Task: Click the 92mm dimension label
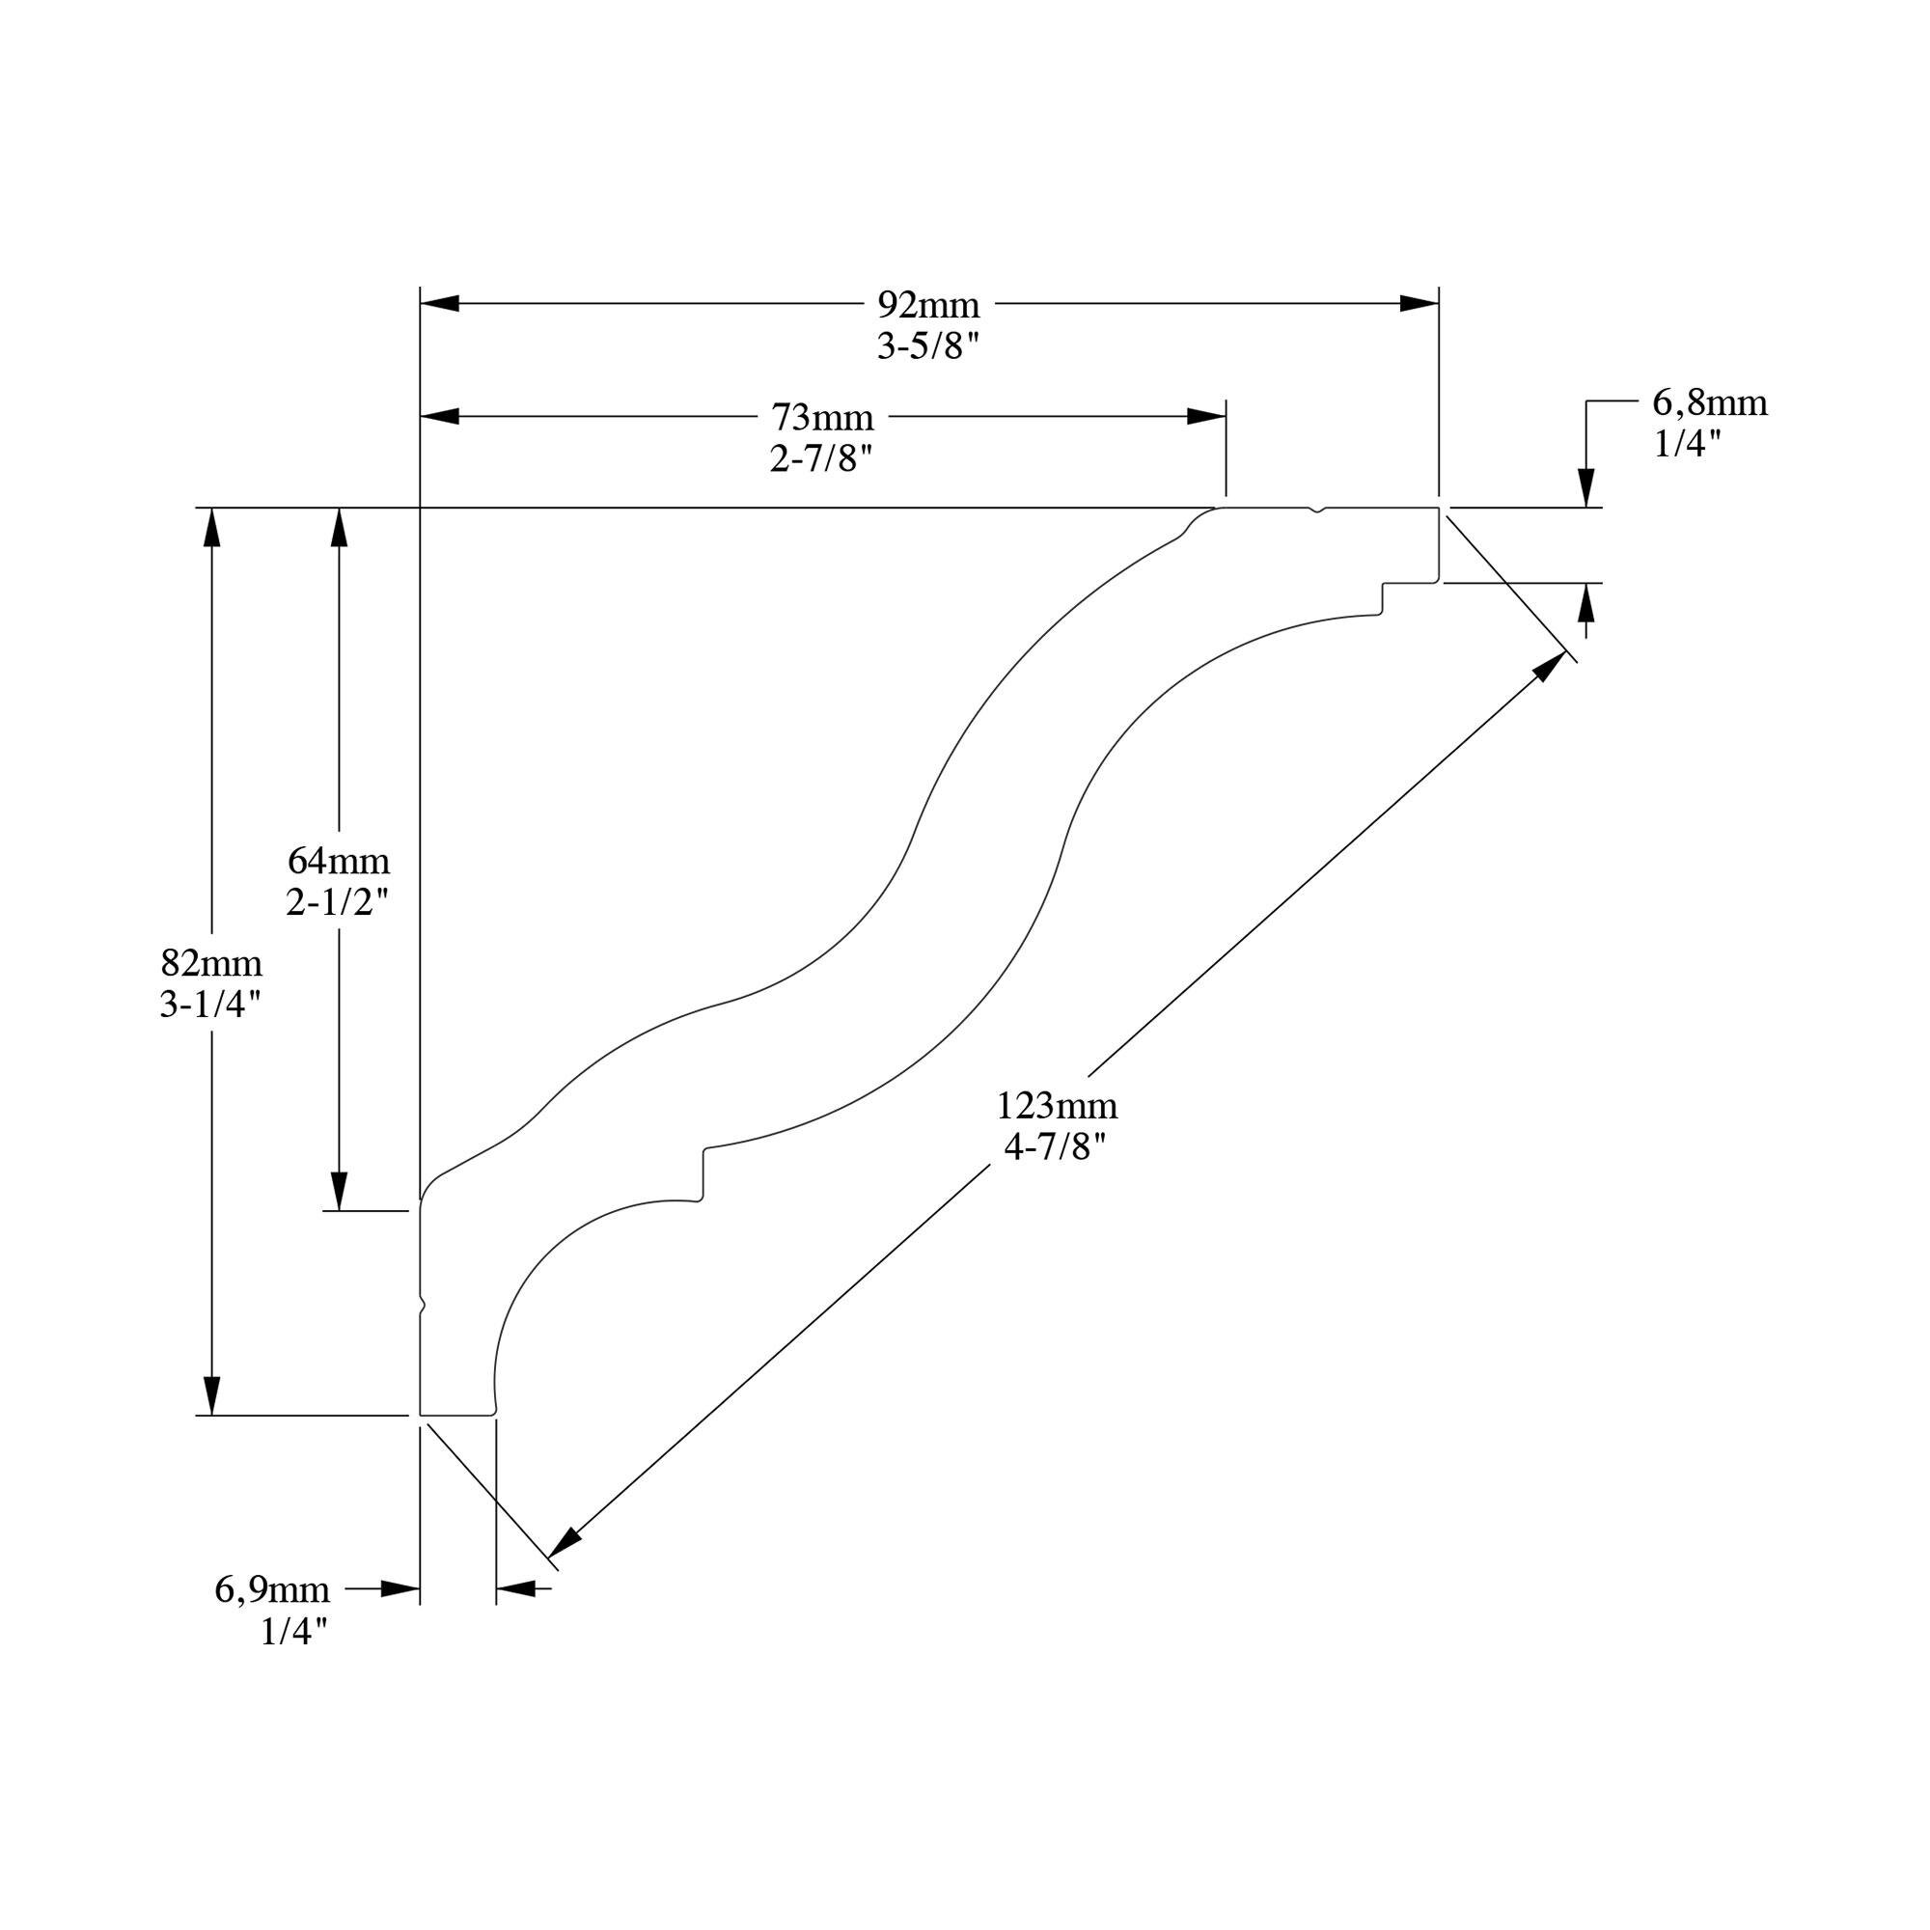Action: (928, 304)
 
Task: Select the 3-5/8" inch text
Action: (928, 346)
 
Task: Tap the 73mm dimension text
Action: (822, 417)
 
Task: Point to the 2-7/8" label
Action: (821, 459)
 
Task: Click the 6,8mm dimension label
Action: (1709, 402)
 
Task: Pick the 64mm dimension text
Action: (339, 860)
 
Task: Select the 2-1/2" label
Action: (337, 903)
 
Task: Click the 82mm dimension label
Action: (211, 963)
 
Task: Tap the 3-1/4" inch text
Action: (210, 1005)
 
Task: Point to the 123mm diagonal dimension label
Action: (1057, 1106)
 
